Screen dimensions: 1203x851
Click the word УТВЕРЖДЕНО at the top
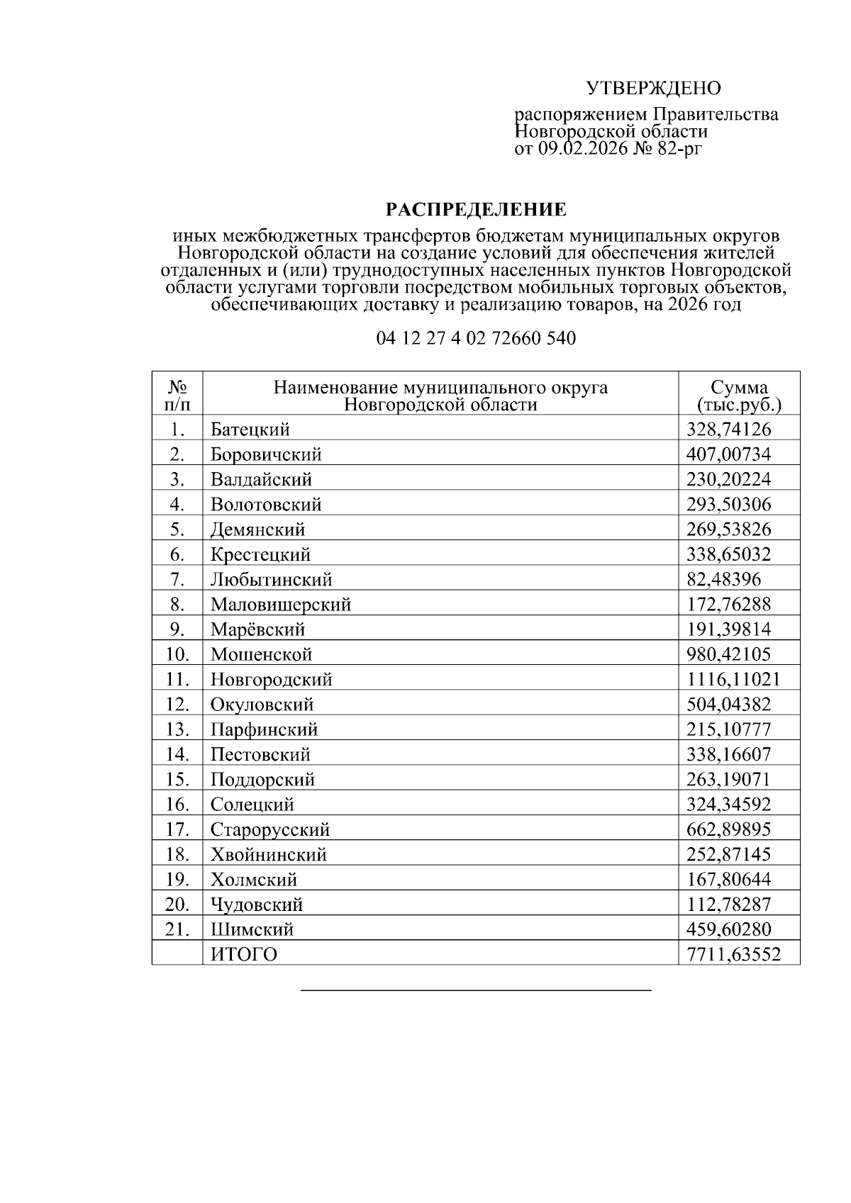(652, 89)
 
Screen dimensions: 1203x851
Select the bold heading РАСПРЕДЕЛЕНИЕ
(476, 210)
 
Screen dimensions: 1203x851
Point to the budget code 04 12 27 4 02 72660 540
(476, 338)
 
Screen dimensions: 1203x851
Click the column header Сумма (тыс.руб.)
(739, 396)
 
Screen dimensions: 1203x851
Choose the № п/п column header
(177, 396)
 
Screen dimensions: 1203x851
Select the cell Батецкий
(250, 430)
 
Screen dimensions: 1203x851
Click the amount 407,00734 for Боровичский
(728, 454)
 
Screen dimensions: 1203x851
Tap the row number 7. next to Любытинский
(177, 580)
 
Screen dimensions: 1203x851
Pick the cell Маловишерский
(281, 605)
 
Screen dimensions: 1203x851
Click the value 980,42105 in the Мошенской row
(728, 654)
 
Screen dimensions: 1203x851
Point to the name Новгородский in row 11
(272, 680)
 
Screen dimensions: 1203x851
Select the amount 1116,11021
(733, 680)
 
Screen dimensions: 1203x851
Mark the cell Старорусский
(270, 829)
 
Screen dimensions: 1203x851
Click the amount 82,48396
(723, 580)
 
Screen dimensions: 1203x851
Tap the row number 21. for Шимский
(177, 929)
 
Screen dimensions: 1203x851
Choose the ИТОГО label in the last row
(244, 955)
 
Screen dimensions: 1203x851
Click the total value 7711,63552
(733, 955)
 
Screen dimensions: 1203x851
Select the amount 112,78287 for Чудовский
(728, 905)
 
